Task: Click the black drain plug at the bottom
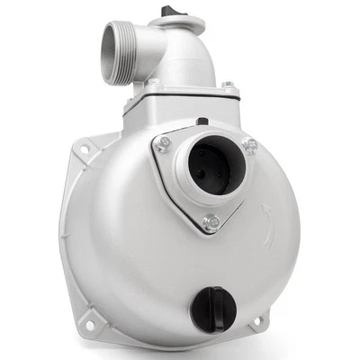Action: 215,309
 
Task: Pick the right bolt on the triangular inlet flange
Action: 249,144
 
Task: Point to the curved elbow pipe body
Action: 189,54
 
